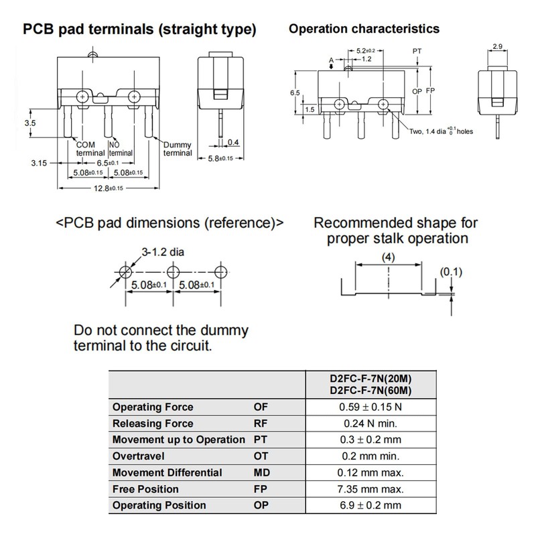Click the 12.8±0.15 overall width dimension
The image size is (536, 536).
109,188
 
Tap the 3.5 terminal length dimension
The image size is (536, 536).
30,123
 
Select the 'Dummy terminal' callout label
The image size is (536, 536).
178,149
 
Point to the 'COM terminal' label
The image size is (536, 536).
90,149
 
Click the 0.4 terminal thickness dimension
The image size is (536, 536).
233,142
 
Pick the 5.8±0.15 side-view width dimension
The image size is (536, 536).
220,159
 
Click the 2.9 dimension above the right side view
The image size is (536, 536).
498,46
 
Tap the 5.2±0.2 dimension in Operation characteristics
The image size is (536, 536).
366,51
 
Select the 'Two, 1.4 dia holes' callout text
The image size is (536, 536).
442,131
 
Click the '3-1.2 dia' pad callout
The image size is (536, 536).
163,253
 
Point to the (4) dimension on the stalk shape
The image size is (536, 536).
389,257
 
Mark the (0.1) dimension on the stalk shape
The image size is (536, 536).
451,272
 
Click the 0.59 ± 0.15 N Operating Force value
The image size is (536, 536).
371,407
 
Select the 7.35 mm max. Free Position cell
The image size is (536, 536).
371,489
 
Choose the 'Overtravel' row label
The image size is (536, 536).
139,456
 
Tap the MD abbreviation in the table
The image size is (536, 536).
261,473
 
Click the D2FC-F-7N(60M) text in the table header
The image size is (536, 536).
371,391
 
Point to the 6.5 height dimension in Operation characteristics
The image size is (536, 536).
295,93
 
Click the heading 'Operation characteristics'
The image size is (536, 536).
364,29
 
